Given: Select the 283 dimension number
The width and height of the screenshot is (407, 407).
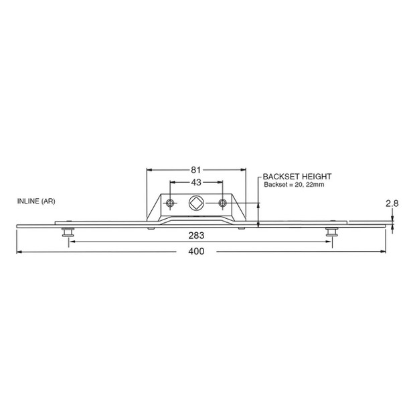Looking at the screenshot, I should [x=196, y=236].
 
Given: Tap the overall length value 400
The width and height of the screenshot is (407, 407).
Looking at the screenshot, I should [x=195, y=252].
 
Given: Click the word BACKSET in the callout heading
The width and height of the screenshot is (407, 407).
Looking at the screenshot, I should [x=281, y=177].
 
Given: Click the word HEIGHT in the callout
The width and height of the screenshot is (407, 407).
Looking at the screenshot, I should [x=318, y=177].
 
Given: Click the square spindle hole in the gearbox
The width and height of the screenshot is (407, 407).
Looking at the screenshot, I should [x=197, y=203].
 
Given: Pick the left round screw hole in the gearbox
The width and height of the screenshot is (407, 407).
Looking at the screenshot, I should [x=171, y=203].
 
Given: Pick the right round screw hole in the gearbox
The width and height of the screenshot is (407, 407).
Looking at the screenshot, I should [x=222, y=203].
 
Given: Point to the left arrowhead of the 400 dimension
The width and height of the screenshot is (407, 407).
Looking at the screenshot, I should [x=19, y=252].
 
